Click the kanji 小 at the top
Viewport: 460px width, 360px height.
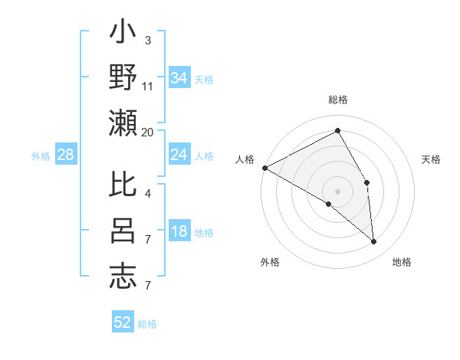123,34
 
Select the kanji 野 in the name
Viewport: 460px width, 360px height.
123,78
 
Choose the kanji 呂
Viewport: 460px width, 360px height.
123,231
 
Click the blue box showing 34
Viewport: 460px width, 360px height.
179,78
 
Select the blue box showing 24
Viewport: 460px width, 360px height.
179,155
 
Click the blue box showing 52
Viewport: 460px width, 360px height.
123,322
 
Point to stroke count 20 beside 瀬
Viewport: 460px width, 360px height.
148,133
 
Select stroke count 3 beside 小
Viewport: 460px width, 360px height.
147,40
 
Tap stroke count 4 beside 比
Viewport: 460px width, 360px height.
147,194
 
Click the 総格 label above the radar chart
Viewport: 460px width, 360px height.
337,100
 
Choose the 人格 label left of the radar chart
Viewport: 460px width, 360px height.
245,159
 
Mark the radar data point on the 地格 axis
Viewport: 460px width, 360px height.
374,242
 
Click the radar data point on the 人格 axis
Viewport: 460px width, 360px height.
264,167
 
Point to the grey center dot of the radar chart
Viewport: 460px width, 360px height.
337,191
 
